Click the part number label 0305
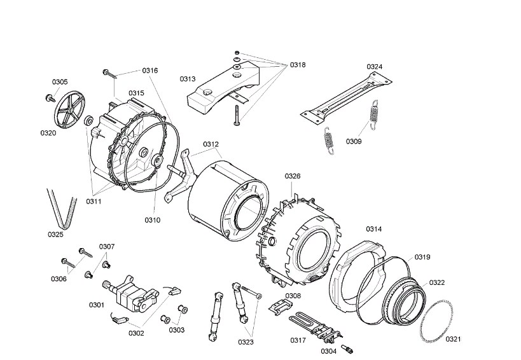pyautogui.click(x=60, y=82)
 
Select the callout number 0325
pyautogui.click(x=55, y=234)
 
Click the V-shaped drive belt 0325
pyautogui.click(x=57, y=207)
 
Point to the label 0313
pyautogui.click(x=187, y=79)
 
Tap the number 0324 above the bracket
pyautogui.click(x=374, y=67)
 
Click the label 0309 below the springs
pyautogui.click(x=354, y=141)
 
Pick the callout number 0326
pyautogui.click(x=293, y=176)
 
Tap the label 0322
pyautogui.click(x=437, y=282)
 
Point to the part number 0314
pyautogui.click(x=374, y=228)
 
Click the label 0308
pyautogui.click(x=293, y=296)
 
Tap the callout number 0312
pyautogui.click(x=211, y=144)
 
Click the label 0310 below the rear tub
pyautogui.click(x=152, y=220)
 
